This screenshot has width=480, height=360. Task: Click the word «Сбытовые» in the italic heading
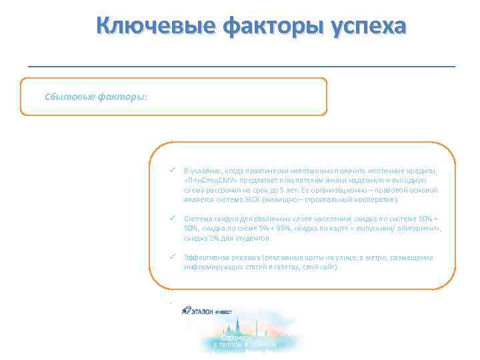(69, 96)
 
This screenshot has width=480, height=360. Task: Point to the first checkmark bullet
(172, 171)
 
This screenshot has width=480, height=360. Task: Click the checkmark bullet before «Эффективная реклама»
(172, 257)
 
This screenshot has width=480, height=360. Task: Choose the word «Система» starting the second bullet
(198, 219)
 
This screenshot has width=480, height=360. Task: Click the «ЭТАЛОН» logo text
(209, 310)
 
